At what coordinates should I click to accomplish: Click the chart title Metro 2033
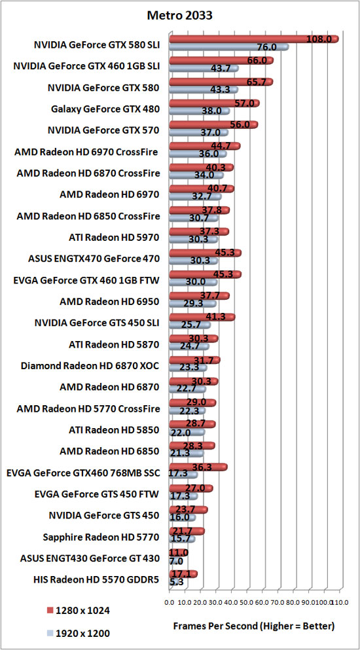click(180, 15)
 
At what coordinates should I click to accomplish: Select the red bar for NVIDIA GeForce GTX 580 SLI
click(254, 39)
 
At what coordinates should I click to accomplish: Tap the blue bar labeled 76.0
click(229, 47)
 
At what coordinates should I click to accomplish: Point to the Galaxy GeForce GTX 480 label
click(105, 109)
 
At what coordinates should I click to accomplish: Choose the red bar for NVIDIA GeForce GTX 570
click(213, 125)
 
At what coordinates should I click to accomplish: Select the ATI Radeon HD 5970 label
click(114, 238)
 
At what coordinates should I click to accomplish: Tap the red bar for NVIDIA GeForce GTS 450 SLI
click(202, 317)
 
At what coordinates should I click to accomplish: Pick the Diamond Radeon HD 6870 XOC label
click(90, 366)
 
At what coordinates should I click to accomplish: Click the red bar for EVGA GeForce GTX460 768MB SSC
click(198, 467)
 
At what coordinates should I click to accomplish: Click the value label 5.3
click(177, 582)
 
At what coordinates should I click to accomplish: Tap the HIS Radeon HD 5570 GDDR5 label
click(97, 580)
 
